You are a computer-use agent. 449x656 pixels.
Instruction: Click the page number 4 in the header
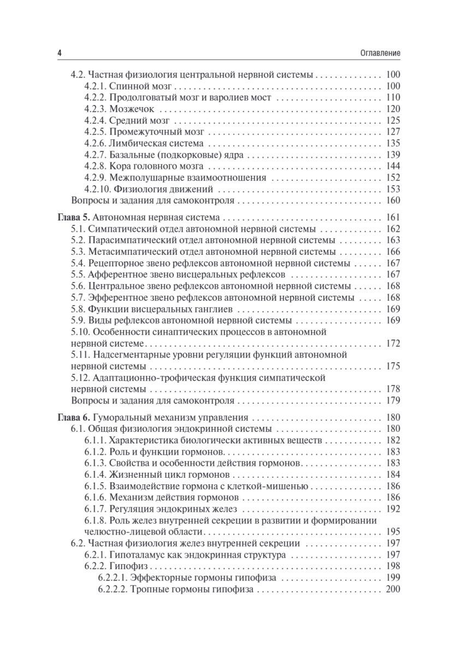[59, 54]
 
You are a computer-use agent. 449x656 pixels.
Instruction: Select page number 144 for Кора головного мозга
[393, 166]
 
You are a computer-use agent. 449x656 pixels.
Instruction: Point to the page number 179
[393, 401]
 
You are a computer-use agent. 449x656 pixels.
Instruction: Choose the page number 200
[393, 589]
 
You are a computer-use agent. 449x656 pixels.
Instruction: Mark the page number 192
[393, 508]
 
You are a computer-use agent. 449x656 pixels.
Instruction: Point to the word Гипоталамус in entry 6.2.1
[134, 555]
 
